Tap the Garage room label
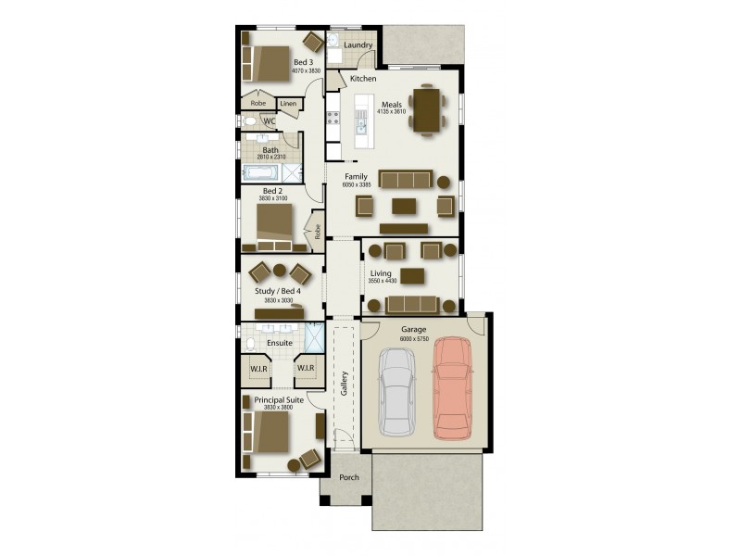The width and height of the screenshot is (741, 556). (413, 330)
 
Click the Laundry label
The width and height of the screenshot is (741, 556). (358, 44)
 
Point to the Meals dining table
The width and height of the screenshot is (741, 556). (427, 110)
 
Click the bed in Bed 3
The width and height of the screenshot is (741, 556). (271, 62)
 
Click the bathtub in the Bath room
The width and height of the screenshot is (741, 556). (259, 172)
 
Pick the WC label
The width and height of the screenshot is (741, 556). (270, 121)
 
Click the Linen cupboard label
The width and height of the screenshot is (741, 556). (287, 104)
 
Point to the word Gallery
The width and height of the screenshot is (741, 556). (344, 383)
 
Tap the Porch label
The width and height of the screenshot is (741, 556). (349, 479)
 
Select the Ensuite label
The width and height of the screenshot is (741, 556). (279, 343)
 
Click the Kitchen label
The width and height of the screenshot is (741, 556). (363, 80)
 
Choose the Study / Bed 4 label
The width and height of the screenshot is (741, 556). (278, 291)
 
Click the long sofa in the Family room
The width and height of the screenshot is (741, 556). (405, 180)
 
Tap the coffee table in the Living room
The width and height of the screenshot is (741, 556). (413, 275)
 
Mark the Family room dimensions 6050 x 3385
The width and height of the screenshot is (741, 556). (356, 186)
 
